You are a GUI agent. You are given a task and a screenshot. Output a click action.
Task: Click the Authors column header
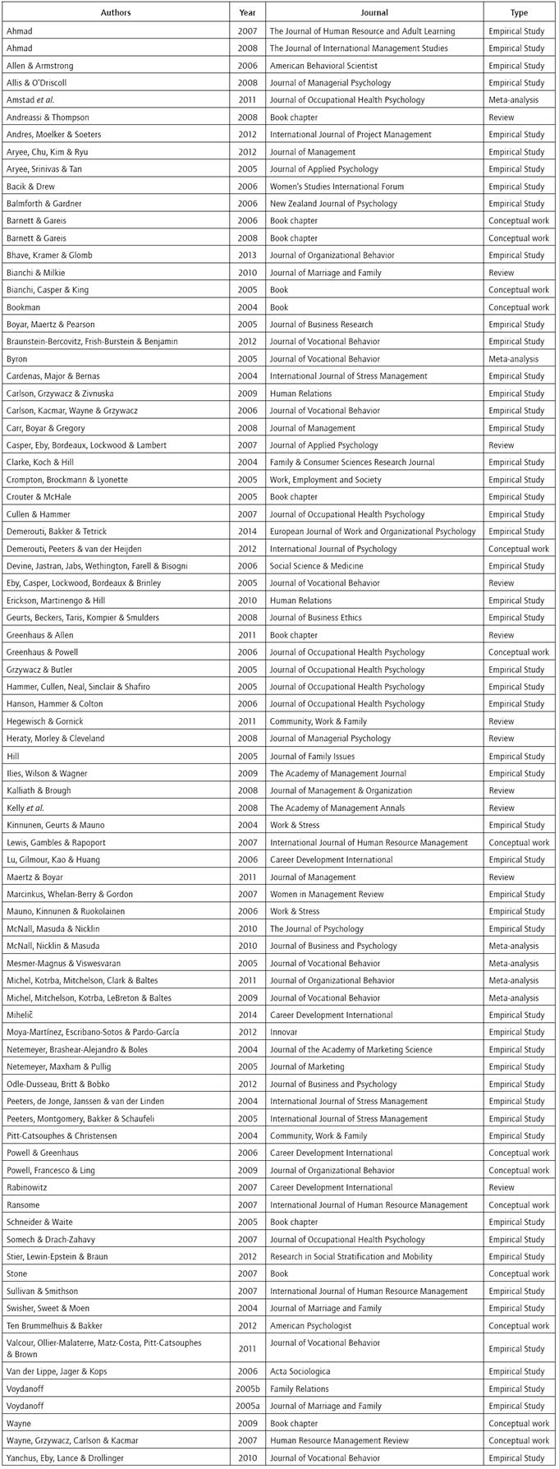(115, 13)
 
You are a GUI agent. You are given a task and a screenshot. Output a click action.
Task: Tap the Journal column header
(373, 13)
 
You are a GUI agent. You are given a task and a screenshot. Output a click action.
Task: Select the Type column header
(519, 13)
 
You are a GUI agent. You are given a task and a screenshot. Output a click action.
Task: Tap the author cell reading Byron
(17, 359)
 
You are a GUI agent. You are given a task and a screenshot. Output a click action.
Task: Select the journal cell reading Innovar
(283, 1032)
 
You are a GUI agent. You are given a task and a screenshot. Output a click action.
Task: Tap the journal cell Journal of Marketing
(306, 1066)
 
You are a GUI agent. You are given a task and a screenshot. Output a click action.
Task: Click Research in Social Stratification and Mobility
(355, 1256)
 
